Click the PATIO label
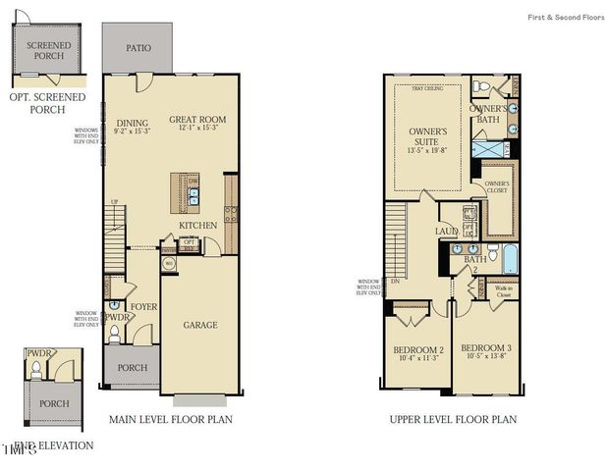point(138,47)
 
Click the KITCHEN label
point(197,226)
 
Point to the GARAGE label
point(199,325)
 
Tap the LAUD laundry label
point(447,231)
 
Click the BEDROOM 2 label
point(419,348)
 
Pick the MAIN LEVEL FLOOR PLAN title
point(172,419)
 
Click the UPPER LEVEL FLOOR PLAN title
point(452,419)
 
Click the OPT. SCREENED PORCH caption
point(47,103)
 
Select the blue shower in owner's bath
point(490,149)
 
